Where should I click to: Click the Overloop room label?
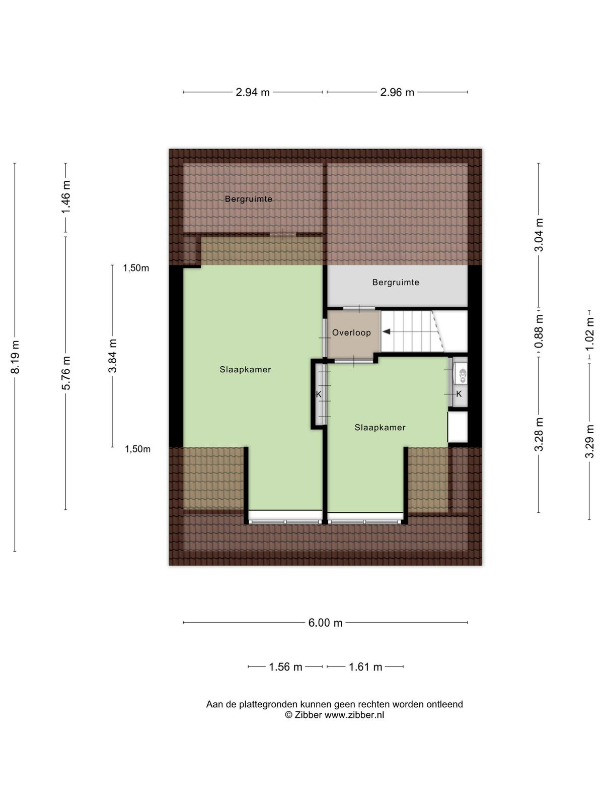351,332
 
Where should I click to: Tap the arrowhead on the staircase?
386,332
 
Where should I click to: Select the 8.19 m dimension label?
15,357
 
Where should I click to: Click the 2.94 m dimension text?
253,92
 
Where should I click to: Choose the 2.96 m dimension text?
397,92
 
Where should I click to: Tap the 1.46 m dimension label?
66,197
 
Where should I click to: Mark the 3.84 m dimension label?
112,356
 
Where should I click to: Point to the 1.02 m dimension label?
589,333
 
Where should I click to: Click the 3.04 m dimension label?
539,235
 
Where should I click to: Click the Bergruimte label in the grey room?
396,283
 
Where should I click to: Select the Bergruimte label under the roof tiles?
249,199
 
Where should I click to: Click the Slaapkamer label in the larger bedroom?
245,369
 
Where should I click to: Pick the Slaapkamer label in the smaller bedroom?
380,427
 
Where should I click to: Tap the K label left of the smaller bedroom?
319,394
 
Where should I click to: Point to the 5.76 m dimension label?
66,373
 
